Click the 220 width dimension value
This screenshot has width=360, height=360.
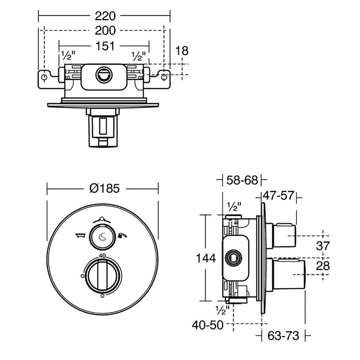tap(105, 16)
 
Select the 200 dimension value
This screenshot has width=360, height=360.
tap(105, 31)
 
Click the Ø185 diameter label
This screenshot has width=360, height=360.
tap(104, 189)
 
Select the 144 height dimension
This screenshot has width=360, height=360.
tap(207, 258)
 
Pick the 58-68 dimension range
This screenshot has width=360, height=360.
tap(243, 180)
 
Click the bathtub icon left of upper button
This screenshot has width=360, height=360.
tap(81, 235)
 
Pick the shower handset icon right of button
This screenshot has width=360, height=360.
tap(121, 235)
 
